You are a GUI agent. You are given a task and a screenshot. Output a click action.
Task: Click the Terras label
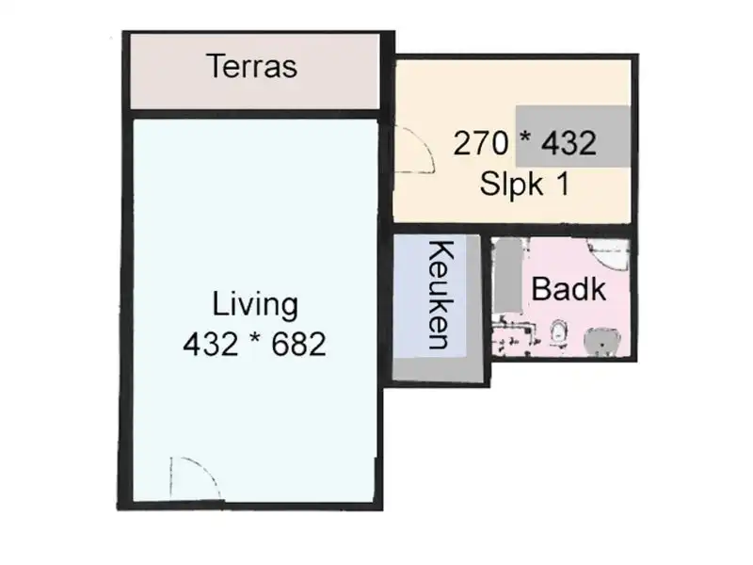[x=251, y=68]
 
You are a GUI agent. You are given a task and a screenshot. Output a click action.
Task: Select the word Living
[x=254, y=305]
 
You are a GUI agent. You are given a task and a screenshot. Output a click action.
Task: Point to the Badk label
[x=569, y=289]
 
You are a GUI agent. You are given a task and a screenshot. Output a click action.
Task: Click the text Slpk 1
[x=523, y=184]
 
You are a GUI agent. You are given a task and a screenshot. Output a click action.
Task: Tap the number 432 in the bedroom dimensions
[x=567, y=144]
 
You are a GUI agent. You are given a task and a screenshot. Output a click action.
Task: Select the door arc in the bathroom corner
[x=607, y=252]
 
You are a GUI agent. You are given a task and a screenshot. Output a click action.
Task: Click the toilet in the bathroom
[x=559, y=331]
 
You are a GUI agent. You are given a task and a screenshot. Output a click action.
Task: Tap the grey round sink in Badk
[x=599, y=341]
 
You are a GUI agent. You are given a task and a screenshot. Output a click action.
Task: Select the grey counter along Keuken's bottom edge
[x=440, y=369]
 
